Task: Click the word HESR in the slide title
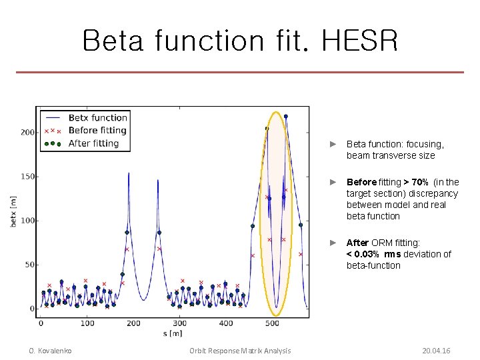coord(360,41)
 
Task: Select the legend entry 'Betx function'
coord(97,118)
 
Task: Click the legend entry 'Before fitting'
coord(97,131)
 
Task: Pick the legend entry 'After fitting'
coord(93,143)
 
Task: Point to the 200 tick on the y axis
coord(27,133)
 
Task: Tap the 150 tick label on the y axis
coord(27,177)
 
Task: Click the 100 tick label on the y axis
coord(27,221)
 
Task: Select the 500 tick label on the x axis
coord(272,323)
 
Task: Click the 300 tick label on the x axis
coord(179,323)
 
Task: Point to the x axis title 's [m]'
coord(172,333)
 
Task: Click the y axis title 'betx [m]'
coord(14,211)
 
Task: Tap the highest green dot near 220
coord(286,116)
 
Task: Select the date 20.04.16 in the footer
coord(436,351)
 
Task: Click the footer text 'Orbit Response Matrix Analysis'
coord(240,351)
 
